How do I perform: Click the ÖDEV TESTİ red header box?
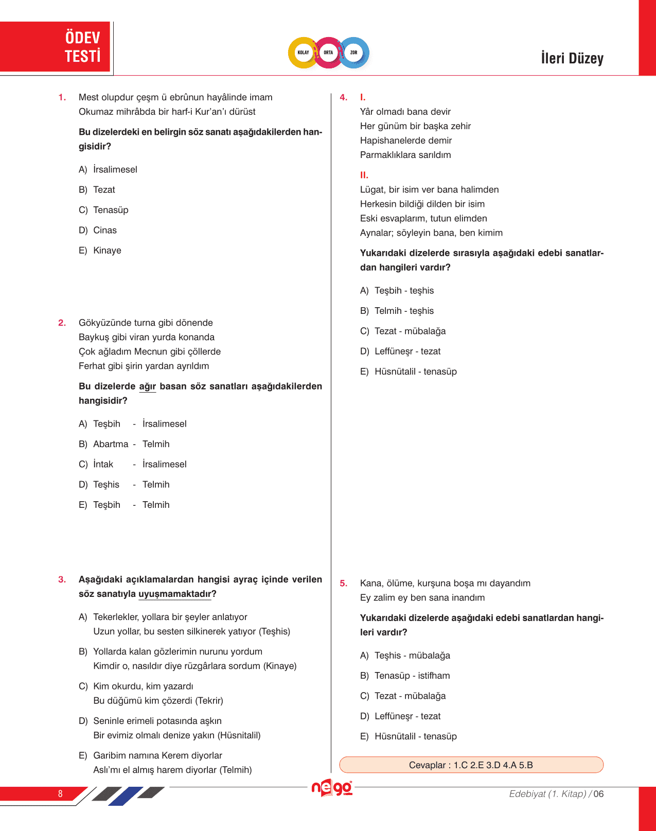click(55, 47)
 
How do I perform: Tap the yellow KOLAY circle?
click(303, 52)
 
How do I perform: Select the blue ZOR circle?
click(354, 52)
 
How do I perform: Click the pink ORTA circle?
click(328, 52)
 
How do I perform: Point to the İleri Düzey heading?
click(572, 58)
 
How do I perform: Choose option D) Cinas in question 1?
click(98, 231)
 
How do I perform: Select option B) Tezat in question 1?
click(97, 190)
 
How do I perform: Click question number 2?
click(62, 323)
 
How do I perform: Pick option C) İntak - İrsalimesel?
click(133, 464)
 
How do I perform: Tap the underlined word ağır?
click(147, 387)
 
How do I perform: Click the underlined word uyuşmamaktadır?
click(175, 594)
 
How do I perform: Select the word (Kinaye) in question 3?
click(280, 666)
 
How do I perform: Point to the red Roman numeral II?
click(364, 175)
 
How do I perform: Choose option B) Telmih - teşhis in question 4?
click(397, 311)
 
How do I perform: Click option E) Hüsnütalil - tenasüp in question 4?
click(409, 372)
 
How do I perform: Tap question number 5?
click(344, 584)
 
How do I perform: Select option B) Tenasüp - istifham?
click(405, 676)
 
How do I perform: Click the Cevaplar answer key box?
click(471, 765)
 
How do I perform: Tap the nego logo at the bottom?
click(332, 788)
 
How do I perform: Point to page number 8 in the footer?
click(60, 794)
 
